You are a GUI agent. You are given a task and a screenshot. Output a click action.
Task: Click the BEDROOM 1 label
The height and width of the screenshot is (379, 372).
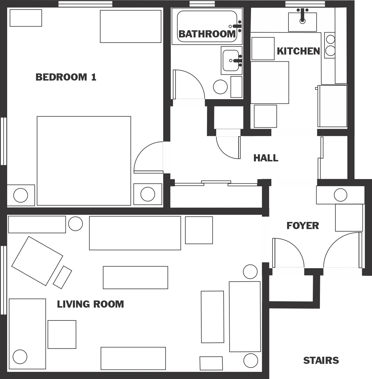(66, 77)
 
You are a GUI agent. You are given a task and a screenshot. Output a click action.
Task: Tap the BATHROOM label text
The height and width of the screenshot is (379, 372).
(207, 34)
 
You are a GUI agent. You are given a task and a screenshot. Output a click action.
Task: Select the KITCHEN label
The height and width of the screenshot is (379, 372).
(298, 51)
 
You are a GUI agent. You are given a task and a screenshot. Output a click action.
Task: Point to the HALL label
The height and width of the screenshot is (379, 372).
(266, 158)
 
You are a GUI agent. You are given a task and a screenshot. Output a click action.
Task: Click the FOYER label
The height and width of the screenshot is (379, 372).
(303, 226)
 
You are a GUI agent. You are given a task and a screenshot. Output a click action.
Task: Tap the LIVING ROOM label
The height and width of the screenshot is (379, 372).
(90, 304)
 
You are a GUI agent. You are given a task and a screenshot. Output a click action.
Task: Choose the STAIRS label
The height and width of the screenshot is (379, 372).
(321, 360)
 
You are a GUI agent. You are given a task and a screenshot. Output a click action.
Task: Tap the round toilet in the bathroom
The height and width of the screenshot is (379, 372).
(220, 87)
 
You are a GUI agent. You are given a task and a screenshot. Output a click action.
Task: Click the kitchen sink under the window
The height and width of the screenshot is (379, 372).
(302, 22)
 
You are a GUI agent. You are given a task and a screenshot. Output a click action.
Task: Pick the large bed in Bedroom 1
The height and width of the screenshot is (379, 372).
(84, 161)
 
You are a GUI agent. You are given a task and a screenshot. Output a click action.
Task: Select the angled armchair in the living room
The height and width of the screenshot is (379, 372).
(37, 261)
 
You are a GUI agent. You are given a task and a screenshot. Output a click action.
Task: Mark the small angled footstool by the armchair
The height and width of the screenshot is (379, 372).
(62, 277)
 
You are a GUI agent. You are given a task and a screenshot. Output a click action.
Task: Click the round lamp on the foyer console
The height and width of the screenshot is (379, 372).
(340, 195)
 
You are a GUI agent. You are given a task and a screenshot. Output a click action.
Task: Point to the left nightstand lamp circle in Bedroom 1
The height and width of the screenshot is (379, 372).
(21, 195)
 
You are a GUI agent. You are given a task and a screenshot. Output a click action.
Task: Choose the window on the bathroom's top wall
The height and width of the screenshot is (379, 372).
(202, 4)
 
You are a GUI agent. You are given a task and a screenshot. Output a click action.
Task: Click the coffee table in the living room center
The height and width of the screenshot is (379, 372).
(135, 277)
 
